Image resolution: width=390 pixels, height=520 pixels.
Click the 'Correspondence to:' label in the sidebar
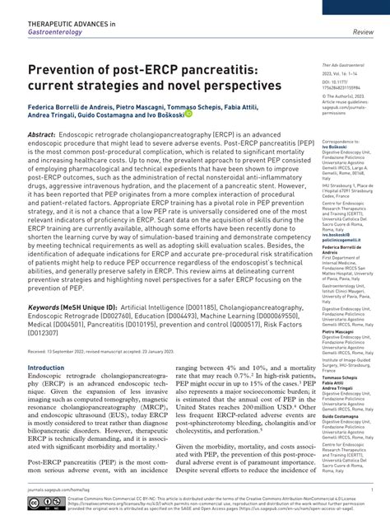[x=340, y=143]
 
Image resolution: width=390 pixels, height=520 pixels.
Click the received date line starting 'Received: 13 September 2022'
[x=107, y=349]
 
